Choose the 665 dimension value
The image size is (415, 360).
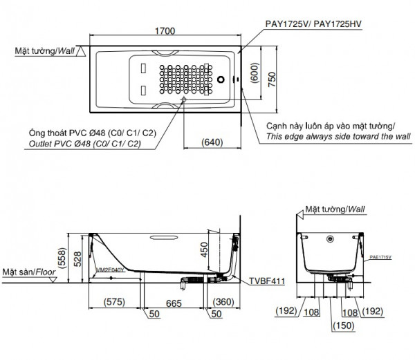174,301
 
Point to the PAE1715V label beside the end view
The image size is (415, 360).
380,256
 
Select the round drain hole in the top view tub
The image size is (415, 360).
222,79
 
